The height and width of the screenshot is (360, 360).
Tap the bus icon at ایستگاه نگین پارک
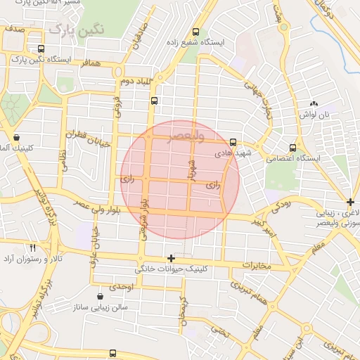point(41,49)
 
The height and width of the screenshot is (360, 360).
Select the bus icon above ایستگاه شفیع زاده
point(195,31)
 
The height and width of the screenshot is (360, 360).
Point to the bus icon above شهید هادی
point(233,142)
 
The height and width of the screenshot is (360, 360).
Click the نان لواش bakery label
point(314,114)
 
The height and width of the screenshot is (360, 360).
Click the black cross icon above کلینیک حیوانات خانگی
point(171,259)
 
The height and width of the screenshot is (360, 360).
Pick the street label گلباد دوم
point(137,83)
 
